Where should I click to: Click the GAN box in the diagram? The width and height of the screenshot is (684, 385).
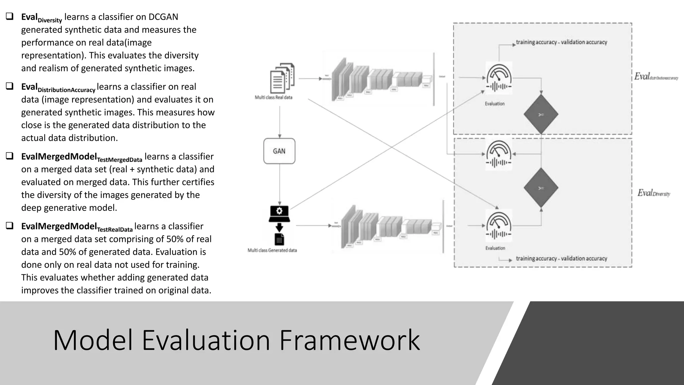[x=279, y=151]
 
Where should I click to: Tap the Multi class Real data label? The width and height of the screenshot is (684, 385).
[x=273, y=97]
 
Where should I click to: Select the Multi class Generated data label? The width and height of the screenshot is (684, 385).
[x=272, y=250]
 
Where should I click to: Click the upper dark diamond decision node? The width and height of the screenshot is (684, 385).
[x=541, y=115]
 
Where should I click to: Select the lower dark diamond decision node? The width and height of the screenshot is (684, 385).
[x=541, y=188]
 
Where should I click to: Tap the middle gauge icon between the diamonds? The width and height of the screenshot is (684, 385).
[x=499, y=154]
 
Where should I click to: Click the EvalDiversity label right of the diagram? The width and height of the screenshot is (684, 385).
[x=654, y=193]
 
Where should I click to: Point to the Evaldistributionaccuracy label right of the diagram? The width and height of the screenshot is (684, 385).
[x=656, y=77]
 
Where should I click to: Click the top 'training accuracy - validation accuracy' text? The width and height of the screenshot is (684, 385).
[x=561, y=42]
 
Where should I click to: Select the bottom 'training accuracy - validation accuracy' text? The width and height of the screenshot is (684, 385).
[x=561, y=258]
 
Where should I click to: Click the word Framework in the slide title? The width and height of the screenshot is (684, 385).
[x=349, y=340]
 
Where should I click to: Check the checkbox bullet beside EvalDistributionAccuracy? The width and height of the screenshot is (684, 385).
[x=10, y=86]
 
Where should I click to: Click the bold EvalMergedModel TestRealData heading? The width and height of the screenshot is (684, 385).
[x=77, y=227]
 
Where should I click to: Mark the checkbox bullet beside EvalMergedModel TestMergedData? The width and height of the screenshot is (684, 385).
[x=10, y=156]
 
